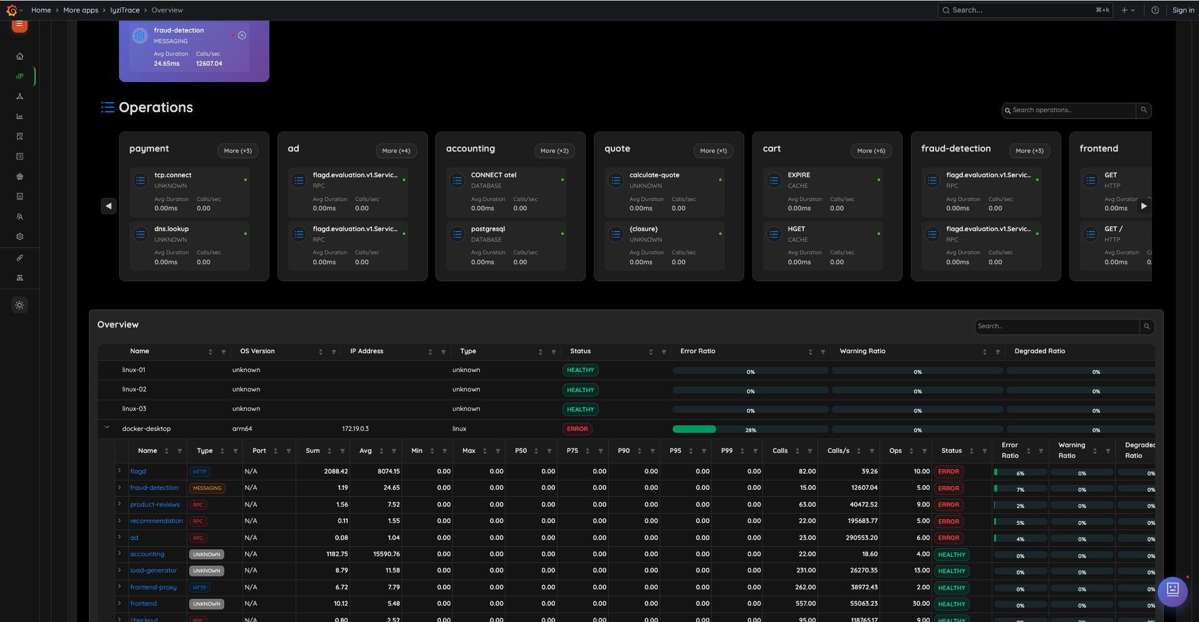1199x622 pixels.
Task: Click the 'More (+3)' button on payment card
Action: pyautogui.click(x=238, y=151)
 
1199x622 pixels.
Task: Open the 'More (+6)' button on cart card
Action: pyautogui.click(x=871, y=151)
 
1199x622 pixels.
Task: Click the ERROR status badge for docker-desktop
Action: pyautogui.click(x=577, y=429)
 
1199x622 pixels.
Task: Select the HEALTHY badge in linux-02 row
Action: pyautogui.click(x=580, y=390)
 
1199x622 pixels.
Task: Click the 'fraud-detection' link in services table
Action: pyautogui.click(x=154, y=488)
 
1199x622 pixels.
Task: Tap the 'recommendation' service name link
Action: pyautogui.click(x=157, y=521)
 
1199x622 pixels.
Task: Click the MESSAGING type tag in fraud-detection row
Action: pyautogui.click(x=207, y=488)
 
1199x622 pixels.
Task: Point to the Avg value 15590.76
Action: pyautogui.click(x=386, y=554)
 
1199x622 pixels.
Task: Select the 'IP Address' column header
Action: pyautogui.click(x=366, y=351)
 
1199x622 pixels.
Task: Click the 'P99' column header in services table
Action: pyautogui.click(x=727, y=451)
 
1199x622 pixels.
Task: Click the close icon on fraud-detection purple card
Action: pyautogui.click(x=242, y=36)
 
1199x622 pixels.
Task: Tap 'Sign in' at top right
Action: pyautogui.click(x=1183, y=10)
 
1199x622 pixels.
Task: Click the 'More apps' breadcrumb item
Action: pyautogui.click(x=81, y=10)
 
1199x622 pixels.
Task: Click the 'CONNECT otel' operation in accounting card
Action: pyautogui.click(x=494, y=175)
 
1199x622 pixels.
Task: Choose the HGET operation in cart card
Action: pyautogui.click(x=796, y=229)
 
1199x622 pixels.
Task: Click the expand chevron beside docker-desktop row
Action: pyautogui.click(x=106, y=428)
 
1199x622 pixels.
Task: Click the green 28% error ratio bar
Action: pyautogui.click(x=694, y=429)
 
